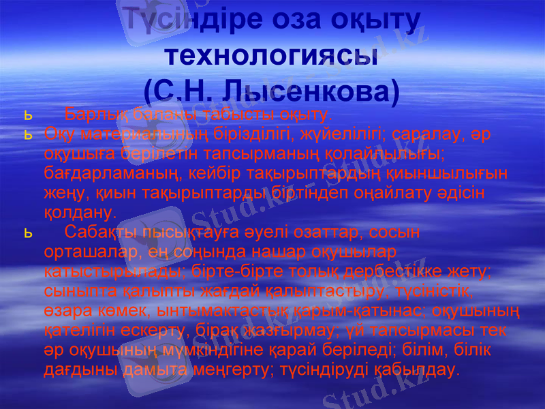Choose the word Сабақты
click(x=99, y=232)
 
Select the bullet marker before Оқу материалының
click(x=28, y=134)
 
